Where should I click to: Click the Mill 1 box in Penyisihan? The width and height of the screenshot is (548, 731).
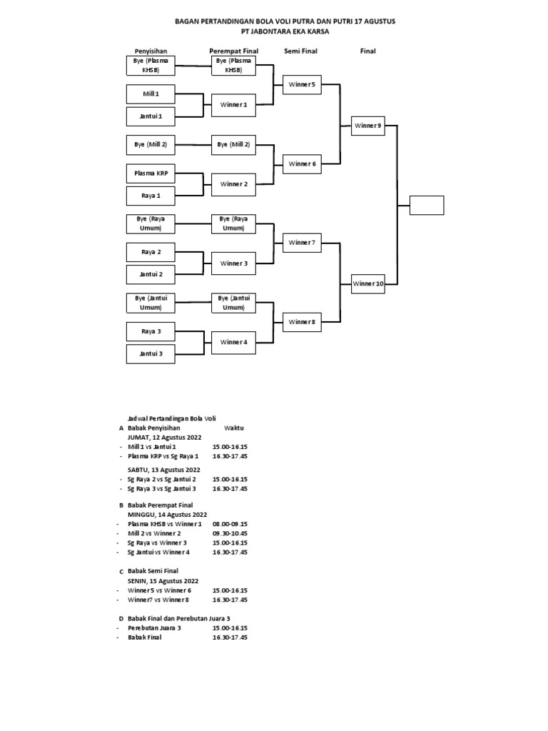pos(151,94)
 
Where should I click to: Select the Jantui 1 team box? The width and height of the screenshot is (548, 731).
pos(151,116)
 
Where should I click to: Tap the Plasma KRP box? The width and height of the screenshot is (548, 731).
pos(151,173)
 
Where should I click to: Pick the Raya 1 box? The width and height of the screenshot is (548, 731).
pos(151,195)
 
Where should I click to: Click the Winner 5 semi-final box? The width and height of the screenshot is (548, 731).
pos(302,84)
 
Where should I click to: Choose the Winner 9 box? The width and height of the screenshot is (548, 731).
pos(368,125)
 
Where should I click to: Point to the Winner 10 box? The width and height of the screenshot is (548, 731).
pos(368,283)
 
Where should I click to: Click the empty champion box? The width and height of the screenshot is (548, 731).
pos(427,205)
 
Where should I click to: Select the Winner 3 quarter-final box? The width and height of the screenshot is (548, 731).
pos(233,263)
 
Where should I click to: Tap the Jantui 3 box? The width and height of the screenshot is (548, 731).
pos(151,353)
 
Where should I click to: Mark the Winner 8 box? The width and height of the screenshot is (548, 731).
pos(302,322)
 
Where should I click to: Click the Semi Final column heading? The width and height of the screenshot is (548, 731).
pos(301,51)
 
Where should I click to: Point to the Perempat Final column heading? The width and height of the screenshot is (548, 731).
pos(233,51)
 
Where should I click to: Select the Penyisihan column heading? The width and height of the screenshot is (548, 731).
pos(151,51)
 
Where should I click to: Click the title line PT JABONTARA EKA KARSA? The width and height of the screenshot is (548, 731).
pos(285,31)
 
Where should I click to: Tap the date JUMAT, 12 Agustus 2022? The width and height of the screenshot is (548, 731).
pos(164,437)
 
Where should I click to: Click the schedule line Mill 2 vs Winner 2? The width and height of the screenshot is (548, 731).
pos(154,533)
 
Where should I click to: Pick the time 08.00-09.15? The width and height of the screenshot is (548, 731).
pos(230,524)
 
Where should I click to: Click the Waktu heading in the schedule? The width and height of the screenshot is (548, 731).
pos(234,428)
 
